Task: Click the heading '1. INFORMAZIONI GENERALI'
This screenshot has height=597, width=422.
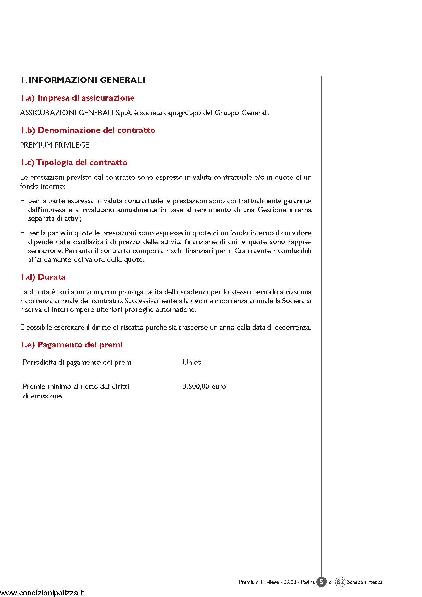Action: tap(83, 80)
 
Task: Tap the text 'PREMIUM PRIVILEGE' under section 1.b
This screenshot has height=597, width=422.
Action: tap(55, 145)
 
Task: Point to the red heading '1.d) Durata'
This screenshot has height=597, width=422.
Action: tap(43, 277)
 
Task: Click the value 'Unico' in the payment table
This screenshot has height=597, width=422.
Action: tap(192, 362)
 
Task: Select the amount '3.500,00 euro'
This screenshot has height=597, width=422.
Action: tap(204, 387)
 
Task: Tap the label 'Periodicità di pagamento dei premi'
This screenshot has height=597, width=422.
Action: tap(78, 362)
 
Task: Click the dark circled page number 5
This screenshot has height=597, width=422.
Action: tap(321, 582)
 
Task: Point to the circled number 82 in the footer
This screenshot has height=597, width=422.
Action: tap(340, 582)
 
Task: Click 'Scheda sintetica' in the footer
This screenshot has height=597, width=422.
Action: tap(365, 582)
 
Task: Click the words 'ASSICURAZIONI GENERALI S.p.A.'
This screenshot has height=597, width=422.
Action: tap(76, 113)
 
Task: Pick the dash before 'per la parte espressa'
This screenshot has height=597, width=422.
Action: tap(23, 200)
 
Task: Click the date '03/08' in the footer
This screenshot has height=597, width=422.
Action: tap(290, 582)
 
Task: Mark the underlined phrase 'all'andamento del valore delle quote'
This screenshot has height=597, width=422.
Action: tap(86, 260)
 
